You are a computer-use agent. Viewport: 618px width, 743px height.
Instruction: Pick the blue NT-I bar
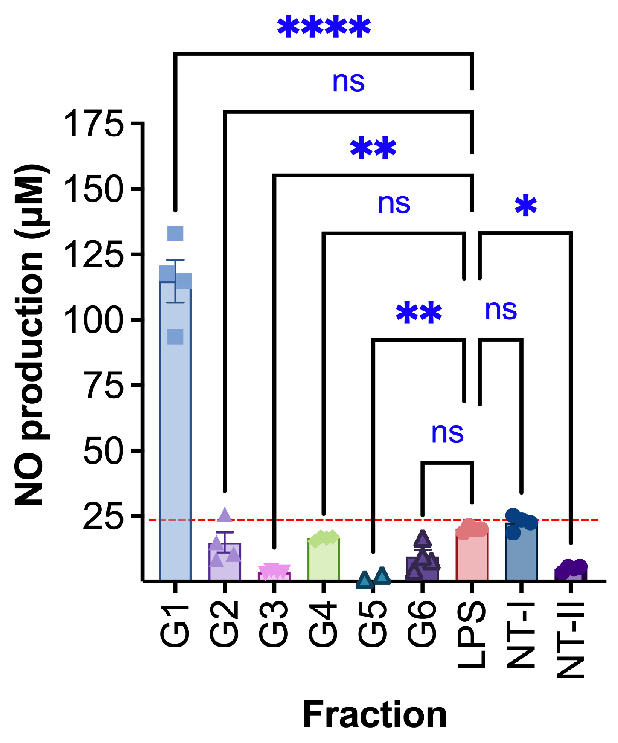pos(521,554)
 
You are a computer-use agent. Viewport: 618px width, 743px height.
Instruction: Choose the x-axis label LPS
pos(472,634)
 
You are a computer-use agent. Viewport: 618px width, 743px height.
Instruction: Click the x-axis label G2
pos(224,624)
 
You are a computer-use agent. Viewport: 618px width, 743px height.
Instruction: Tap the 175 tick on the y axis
pos(93,123)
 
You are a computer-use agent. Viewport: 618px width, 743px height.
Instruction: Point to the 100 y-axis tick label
pos(93,320)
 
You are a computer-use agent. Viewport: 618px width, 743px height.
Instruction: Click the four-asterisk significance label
pos(324,28)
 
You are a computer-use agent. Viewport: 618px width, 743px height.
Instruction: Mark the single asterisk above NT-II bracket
pos(526,206)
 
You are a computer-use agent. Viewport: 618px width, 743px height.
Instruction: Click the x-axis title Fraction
pos(375,715)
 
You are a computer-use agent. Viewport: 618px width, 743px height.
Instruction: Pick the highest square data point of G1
pos(175,233)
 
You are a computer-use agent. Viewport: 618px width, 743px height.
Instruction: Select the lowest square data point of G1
pos(175,337)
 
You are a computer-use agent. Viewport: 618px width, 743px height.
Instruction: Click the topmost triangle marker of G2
pos(225,515)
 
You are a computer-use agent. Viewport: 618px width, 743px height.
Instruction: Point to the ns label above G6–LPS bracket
pos(447,433)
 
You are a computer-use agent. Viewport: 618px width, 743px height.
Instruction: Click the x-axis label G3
pos(274,624)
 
